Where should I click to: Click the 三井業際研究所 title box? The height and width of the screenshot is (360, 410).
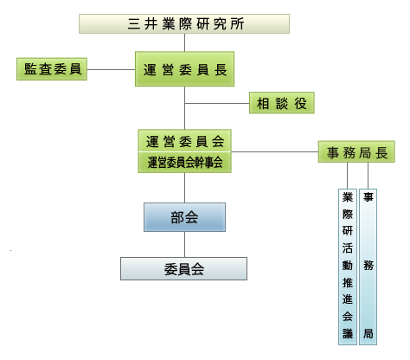pyautogui.click(x=184, y=23)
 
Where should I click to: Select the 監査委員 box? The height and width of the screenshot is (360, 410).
pyautogui.click(x=52, y=69)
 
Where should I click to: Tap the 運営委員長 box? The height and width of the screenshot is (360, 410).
pyautogui.click(x=184, y=69)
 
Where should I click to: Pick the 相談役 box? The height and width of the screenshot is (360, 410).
pyautogui.click(x=282, y=103)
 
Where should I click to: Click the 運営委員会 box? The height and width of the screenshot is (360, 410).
pyautogui.click(x=184, y=141)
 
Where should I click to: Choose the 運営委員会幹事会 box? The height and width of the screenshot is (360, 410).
pyautogui.click(x=184, y=163)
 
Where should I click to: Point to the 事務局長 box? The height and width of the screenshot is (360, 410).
pyautogui.click(x=356, y=151)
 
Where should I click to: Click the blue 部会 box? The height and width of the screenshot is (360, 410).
pyautogui.click(x=184, y=217)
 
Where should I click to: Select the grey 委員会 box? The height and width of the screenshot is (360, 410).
pyautogui.click(x=183, y=269)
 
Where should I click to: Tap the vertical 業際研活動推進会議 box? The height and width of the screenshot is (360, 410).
pyautogui.click(x=348, y=267)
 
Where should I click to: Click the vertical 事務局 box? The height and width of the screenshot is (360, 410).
pyautogui.click(x=368, y=267)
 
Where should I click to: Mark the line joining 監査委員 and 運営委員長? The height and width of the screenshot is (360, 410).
pyautogui.click(x=111, y=69)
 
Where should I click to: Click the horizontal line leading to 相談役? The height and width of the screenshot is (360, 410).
pyautogui.click(x=217, y=103)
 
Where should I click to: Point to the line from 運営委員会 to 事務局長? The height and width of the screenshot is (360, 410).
pyautogui.click(x=275, y=151)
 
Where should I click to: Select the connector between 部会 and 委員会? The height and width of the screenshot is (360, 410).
pyautogui.click(x=184, y=244)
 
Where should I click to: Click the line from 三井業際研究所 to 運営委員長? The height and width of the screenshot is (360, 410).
pyautogui.click(x=184, y=42)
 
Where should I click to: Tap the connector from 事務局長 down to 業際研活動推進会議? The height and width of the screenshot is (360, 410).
pyautogui.click(x=347, y=176)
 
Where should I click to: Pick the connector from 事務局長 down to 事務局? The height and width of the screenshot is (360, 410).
pyautogui.click(x=368, y=176)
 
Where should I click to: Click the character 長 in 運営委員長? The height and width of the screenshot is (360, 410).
pyautogui.click(x=221, y=70)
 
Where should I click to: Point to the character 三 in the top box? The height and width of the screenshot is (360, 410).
pyautogui.click(x=134, y=24)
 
